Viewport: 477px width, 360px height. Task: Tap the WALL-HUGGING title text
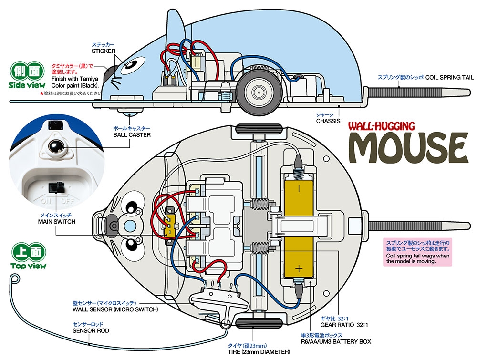pyautogui.click(x=381, y=126)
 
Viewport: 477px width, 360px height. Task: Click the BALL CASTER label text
pyautogui.click(x=132, y=135)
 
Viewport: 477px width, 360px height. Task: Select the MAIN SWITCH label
pyautogui.click(x=57, y=221)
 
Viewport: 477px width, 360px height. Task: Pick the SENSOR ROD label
pyautogui.click(x=91, y=330)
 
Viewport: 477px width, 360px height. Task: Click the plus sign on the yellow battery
pyautogui.click(x=299, y=269)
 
